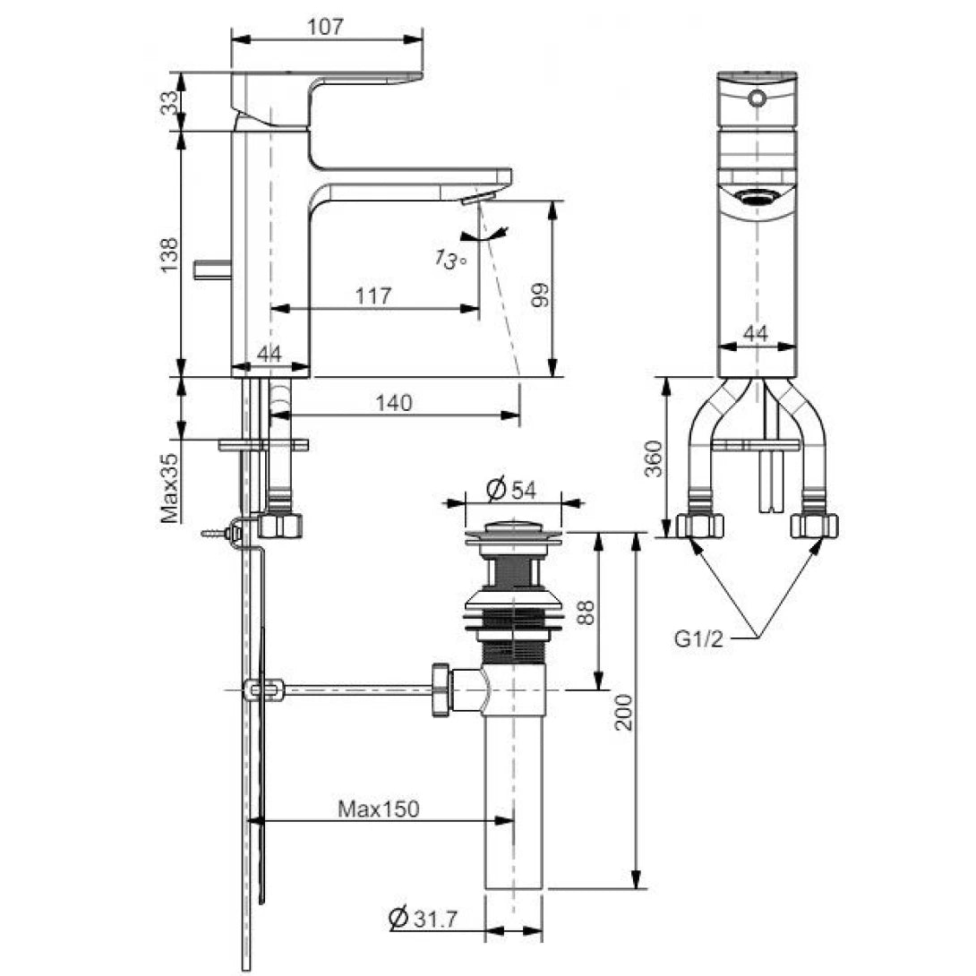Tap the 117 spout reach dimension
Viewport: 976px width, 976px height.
(373, 295)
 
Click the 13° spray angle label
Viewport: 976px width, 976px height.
(451, 260)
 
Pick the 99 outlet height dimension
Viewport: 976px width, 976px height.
(539, 292)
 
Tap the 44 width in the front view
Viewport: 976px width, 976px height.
(757, 334)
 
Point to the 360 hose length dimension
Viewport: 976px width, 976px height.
(655, 458)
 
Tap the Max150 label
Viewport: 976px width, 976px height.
(378, 809)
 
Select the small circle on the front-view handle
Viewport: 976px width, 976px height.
(758, 98)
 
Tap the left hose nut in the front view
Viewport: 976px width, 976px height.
(700, 525)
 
